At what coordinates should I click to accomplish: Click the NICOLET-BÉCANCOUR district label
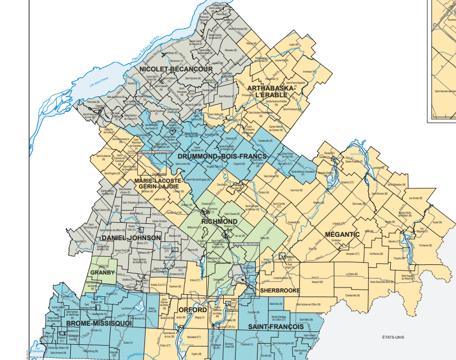point(175,69)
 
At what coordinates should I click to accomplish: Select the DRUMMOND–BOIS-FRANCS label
point(214,156)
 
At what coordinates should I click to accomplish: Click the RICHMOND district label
point(219,222)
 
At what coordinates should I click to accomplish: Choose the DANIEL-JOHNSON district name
point(131,238)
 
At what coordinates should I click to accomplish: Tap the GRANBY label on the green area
point(102,273)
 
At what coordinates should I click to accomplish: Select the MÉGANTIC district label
point(342,234)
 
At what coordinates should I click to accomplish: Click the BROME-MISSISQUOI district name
point(98,323)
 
